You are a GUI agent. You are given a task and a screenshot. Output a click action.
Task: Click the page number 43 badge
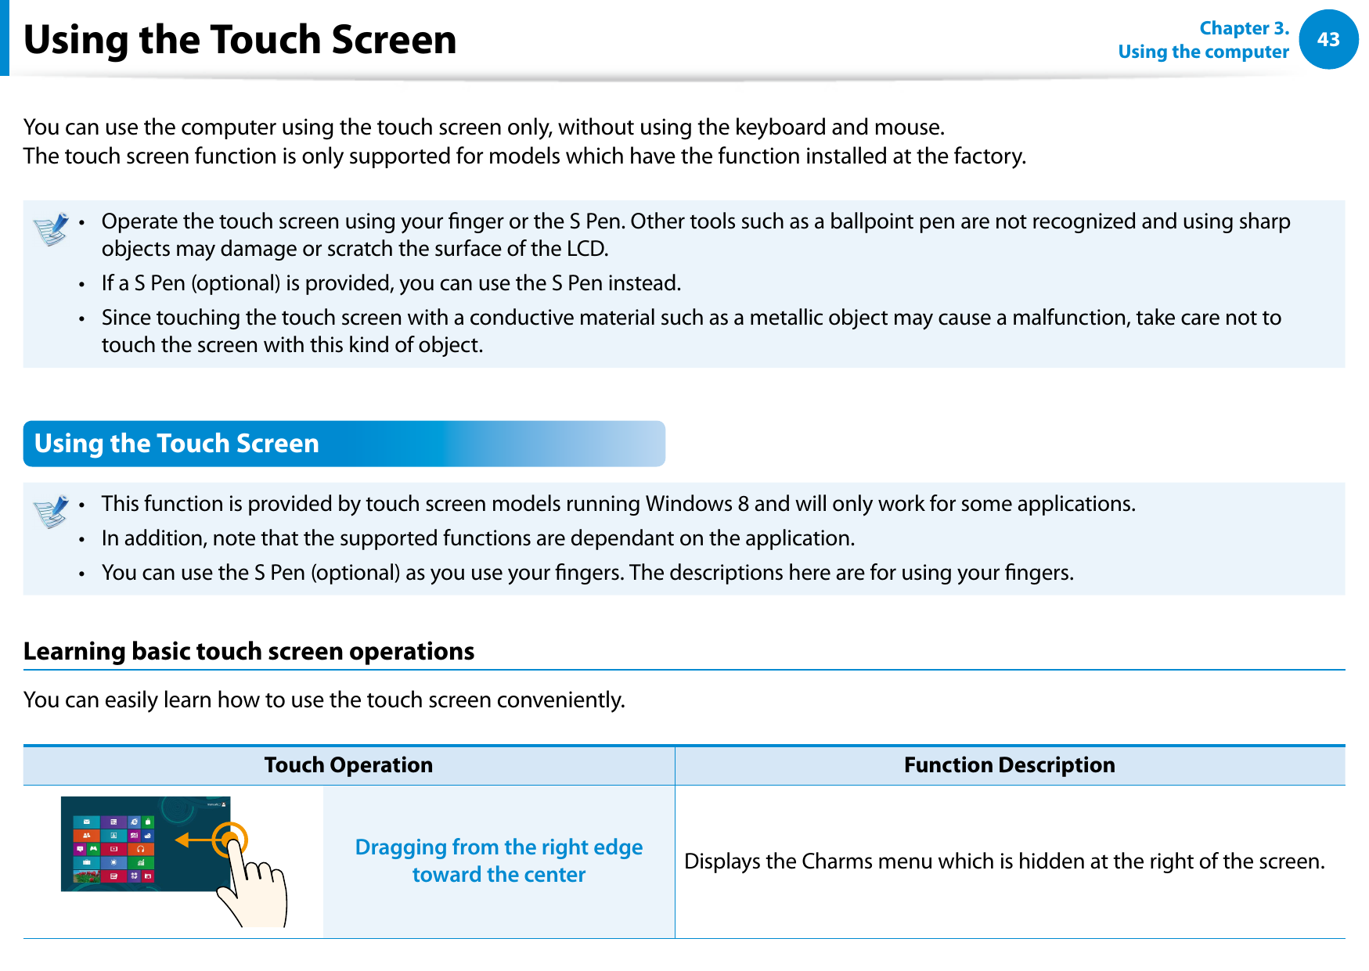pos(1328,39)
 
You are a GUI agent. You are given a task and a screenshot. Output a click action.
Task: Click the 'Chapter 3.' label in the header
pos(1243,28)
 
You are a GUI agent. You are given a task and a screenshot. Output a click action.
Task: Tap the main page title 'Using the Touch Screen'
pos(240,40)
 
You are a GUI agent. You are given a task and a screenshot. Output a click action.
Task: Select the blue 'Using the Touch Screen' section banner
pos(344,444)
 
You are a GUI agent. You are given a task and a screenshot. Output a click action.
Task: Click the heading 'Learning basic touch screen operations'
pos(249,651)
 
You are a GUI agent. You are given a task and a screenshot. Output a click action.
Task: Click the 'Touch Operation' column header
pos(348,764)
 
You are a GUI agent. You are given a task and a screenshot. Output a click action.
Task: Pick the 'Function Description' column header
pos(1009,764)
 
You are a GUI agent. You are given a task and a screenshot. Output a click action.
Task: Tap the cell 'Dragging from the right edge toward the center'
pos(499,861)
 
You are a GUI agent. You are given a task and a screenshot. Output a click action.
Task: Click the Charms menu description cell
pos(1004,861)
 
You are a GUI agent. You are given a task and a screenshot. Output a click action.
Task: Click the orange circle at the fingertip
pos(230,840)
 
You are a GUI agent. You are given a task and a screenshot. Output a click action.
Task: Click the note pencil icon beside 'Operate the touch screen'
pos(52,230)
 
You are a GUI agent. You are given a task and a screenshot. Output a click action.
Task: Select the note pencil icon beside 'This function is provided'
pos(52,512)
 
